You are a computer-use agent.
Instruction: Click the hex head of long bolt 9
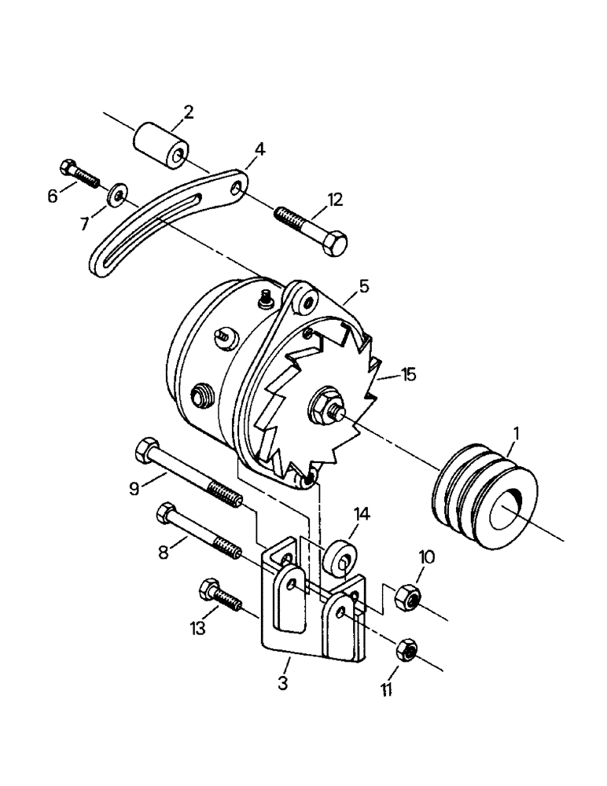(x=146, y=450)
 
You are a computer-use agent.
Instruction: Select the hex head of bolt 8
(x=167, y=515)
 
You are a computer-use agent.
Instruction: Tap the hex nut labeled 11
(x=407, y=649)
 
